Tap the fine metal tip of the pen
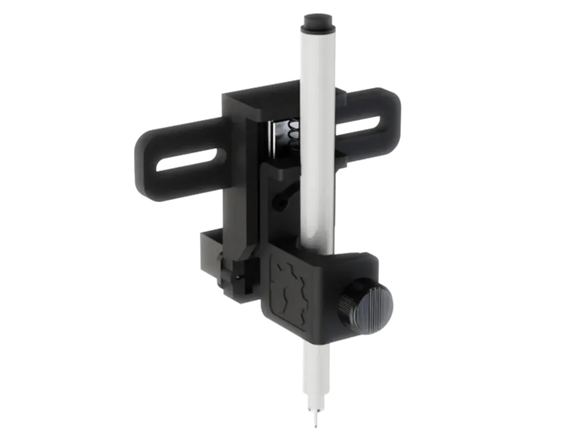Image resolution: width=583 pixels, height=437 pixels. click(x=317, y=419)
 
